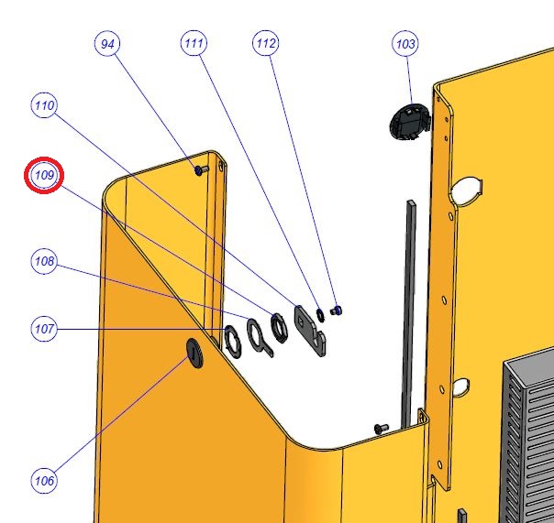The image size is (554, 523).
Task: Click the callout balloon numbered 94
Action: (107, 43)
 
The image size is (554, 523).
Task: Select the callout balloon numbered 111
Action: (194, 43)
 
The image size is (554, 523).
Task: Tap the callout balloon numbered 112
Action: (265, 43)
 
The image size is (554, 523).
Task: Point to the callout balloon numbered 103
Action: (405, 43)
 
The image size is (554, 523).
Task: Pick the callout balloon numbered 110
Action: (44, 104)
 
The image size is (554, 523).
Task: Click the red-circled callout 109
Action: (44, 175)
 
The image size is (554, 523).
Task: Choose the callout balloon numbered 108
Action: (44, 261)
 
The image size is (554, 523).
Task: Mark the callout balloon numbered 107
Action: (44, 329)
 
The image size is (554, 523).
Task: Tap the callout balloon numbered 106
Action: (44, 480)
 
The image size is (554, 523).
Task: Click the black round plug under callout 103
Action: (410, 122)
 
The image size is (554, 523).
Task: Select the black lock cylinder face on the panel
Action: (195, 353)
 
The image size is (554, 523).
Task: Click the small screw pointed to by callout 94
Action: (202, 170)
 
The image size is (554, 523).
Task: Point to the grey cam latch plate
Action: (309, 331)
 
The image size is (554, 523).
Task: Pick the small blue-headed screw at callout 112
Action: (336, 311)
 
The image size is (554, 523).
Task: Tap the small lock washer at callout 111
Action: (320, 315)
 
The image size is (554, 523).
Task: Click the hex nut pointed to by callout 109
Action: (279, 328)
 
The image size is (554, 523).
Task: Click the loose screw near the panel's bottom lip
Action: (381, 429)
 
